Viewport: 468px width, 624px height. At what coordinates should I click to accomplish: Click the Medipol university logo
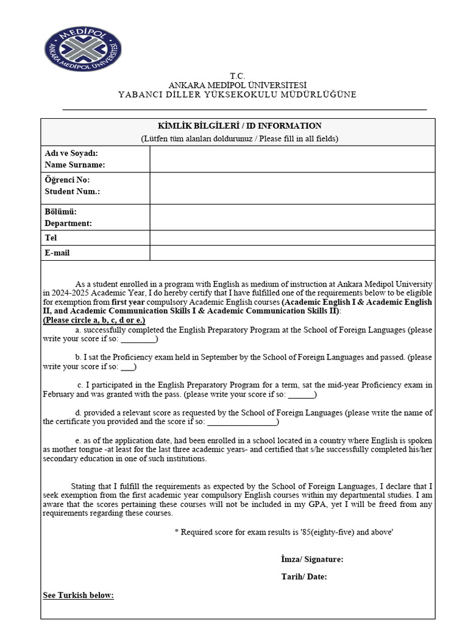point(82,48)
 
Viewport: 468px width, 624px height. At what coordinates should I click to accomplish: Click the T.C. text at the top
point(238,76)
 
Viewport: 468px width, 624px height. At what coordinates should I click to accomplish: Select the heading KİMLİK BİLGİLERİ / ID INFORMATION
point(238,126)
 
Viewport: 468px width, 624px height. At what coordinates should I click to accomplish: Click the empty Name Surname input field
point(292,159)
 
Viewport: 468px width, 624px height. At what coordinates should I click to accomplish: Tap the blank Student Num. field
point(292,188)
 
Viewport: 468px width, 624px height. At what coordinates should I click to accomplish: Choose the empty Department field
point(292,217)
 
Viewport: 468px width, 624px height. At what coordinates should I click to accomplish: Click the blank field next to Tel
point(292,238)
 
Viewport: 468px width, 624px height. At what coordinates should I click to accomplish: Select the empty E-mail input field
point(292,253)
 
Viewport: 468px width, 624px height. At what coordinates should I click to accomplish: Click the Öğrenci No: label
point(67,180)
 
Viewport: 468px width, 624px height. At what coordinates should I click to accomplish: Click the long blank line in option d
point(242,422)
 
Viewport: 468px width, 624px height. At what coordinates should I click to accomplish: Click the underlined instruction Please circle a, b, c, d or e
point(94,320)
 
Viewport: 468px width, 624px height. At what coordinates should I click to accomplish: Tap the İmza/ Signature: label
point(312,559)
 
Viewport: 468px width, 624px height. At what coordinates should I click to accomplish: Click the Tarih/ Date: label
point(304,577)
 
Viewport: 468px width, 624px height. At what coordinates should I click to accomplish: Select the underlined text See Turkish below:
point(78,595)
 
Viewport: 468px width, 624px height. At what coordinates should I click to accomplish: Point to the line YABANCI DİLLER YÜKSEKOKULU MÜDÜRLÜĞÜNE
point(238,95)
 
